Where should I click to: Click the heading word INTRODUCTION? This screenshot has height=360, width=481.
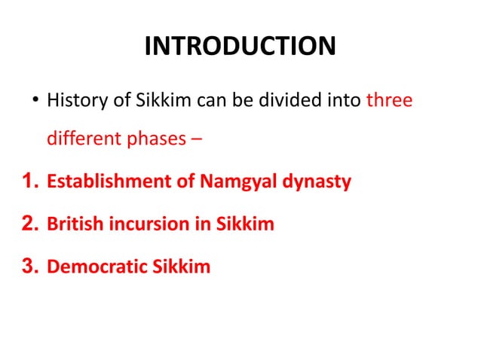point(240,47)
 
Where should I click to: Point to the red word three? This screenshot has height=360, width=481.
point(389,100)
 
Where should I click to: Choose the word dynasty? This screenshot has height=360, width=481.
point(317,182)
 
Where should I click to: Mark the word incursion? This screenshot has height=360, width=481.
point(145,224)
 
